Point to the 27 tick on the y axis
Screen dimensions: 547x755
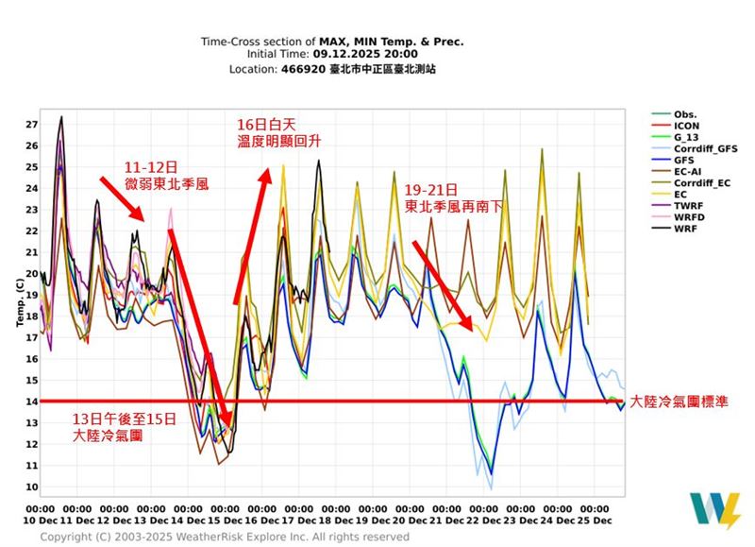click(31, 125)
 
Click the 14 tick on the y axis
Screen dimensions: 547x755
click(31, 402)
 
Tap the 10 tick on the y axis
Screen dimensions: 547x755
click(31, 487)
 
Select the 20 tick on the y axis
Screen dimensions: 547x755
click(31, 274)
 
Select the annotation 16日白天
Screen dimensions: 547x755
click(259, 124)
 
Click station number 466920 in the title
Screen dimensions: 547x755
click(303, 69)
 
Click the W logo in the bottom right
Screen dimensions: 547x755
click(714, 509)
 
